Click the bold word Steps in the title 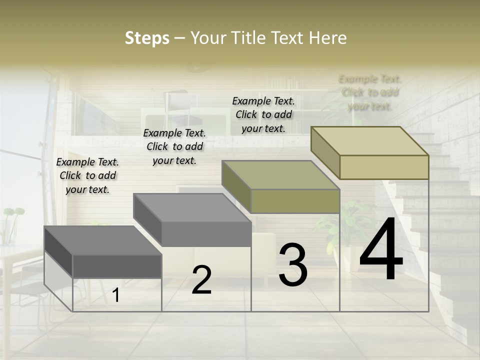click(147, 38)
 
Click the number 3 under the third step click(293, 265)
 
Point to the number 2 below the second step click(201, 280)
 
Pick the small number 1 click(116, 295)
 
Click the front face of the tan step click(384, 167)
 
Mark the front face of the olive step click(295, 201)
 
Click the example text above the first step click(87, 175)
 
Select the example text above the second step click(174, 146)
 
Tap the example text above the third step click(263, 114)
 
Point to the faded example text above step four click(370, 92)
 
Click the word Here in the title click(327, 38)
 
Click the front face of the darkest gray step click(117, 266)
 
